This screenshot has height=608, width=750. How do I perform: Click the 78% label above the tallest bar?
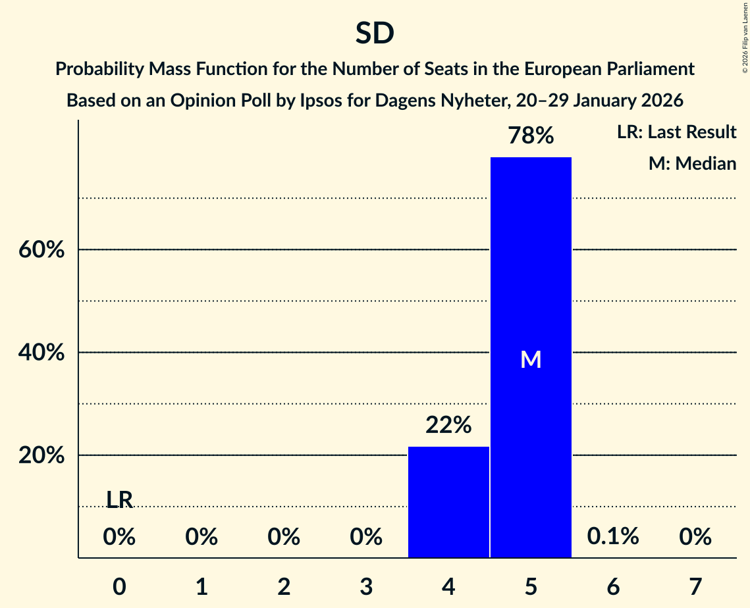(x=531, y=136)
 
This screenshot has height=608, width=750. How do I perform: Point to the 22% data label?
(x=448, y=426)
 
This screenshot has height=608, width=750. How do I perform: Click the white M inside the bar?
(x=531, y=359)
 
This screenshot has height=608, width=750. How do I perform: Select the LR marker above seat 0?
(x=119, y=500)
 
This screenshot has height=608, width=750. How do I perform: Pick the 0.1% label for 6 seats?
(x=613, y=537)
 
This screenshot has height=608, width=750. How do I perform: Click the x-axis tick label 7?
(x=695, y=586)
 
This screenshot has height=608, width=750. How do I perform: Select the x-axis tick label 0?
(x=119, y=586)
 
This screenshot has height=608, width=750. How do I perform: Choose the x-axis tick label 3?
(x=366, y=586)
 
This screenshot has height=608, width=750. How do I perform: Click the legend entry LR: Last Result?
(x=676, y=132)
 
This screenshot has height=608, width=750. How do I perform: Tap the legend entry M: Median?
(x=692, y=163)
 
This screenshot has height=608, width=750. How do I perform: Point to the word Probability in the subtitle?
(x=95, y=69)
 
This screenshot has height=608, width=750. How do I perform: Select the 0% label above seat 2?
(x=284, y=538)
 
